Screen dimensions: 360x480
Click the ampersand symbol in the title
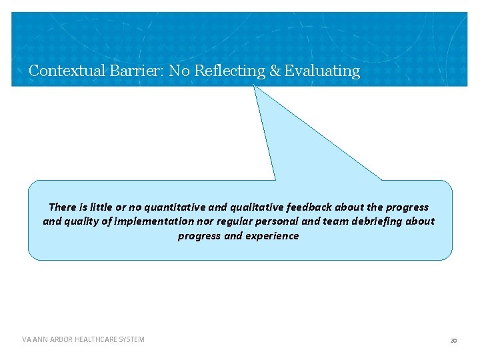point(275,71)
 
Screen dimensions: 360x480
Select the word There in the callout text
point(63,207)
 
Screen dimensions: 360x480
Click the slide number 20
point(453,341)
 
